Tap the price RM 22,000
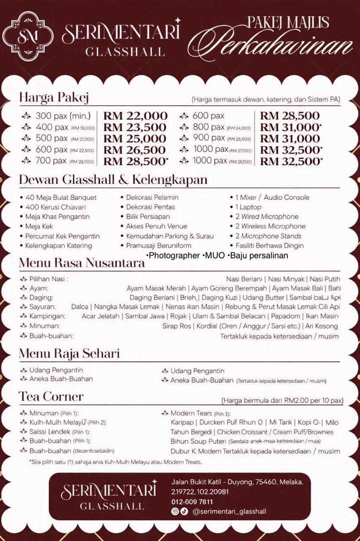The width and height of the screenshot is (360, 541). point(135,116)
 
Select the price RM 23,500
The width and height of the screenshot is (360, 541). point(135,128)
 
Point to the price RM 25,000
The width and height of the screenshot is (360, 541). point(135,139)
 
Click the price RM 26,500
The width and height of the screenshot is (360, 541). point(135,150)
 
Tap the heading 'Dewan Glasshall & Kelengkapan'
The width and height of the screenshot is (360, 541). point(113,179)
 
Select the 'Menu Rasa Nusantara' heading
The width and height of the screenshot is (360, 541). point(82,262)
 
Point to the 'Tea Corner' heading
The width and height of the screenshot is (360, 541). point(51,397)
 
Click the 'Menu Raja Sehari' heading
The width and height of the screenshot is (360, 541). point(69,354)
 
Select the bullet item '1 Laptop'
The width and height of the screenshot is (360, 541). point(248,207)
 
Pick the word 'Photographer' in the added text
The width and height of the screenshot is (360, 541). point(172,255)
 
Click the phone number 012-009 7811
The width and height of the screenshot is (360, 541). point(192,501)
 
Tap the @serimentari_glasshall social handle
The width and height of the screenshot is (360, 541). point(229,511)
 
